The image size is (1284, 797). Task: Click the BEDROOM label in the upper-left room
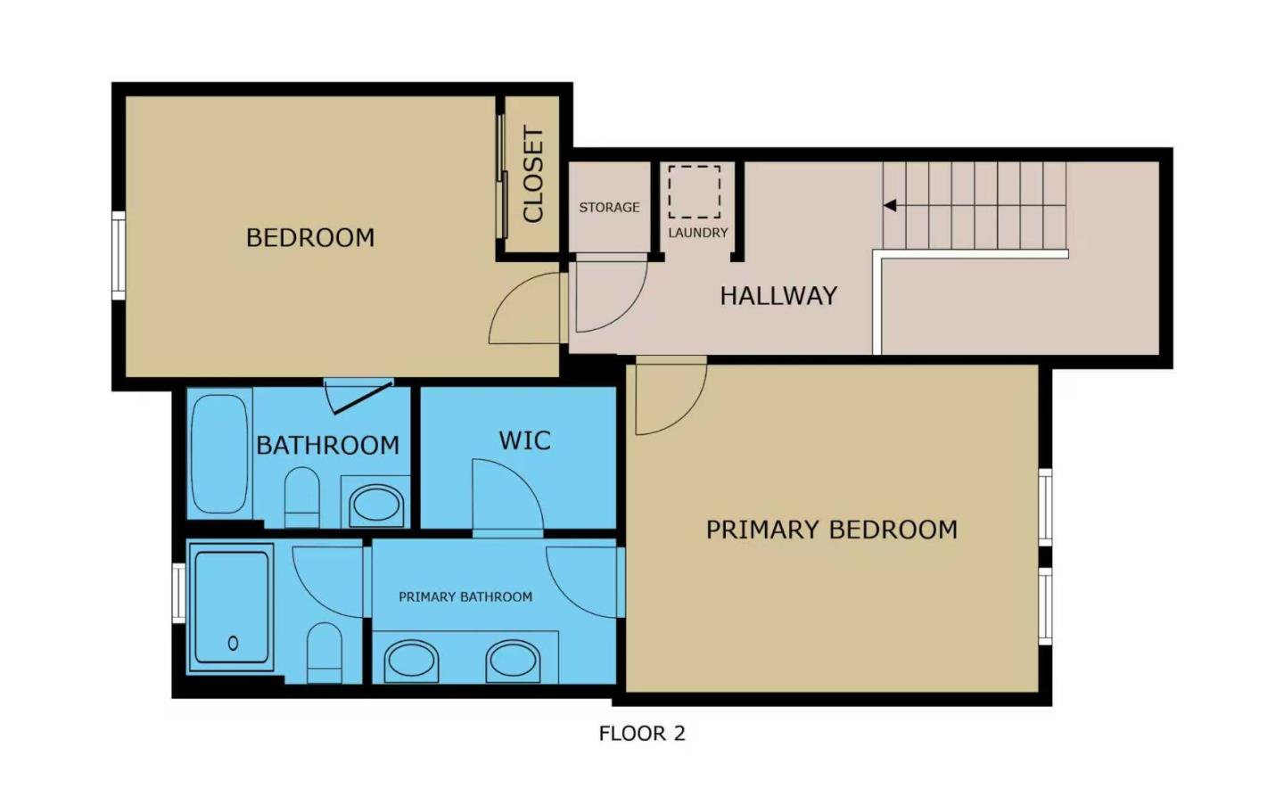click(310, 238)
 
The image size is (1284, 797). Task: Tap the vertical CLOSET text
click(533, 174)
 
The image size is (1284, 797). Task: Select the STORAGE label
click(609, 208)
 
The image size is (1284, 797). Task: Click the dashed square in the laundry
click(695, 192)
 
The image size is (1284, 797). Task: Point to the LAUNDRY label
click(698, 233)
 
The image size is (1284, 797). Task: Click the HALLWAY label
click(778, 296)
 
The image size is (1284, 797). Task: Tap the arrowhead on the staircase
click(889, 206)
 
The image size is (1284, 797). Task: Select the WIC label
click(524, 440)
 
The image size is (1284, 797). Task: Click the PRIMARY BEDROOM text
click(831, 530)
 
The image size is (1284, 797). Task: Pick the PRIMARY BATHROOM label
click(465, 597)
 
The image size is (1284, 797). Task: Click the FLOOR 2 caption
click(642, 734)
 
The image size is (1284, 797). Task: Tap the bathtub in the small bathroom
click(219, 454)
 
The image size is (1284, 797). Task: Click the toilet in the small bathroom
click(301, 499)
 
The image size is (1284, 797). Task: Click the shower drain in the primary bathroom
click(233, 643)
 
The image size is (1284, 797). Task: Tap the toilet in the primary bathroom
click(325, 653)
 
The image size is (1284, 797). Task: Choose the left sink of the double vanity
click(411, 661)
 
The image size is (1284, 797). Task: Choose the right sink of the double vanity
click(513, 661)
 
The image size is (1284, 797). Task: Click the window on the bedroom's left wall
click(118, 256)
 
